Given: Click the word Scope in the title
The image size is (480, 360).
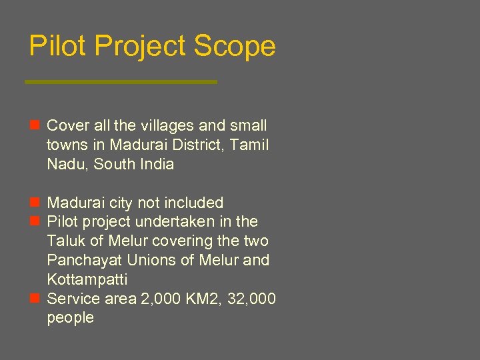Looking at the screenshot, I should point(234,47).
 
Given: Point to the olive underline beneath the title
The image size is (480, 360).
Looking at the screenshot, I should point(121,82).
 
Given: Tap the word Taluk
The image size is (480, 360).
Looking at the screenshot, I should point(65,241).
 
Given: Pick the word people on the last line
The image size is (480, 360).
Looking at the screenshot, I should point(70,318).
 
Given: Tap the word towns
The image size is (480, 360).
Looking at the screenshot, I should point(66,145).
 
